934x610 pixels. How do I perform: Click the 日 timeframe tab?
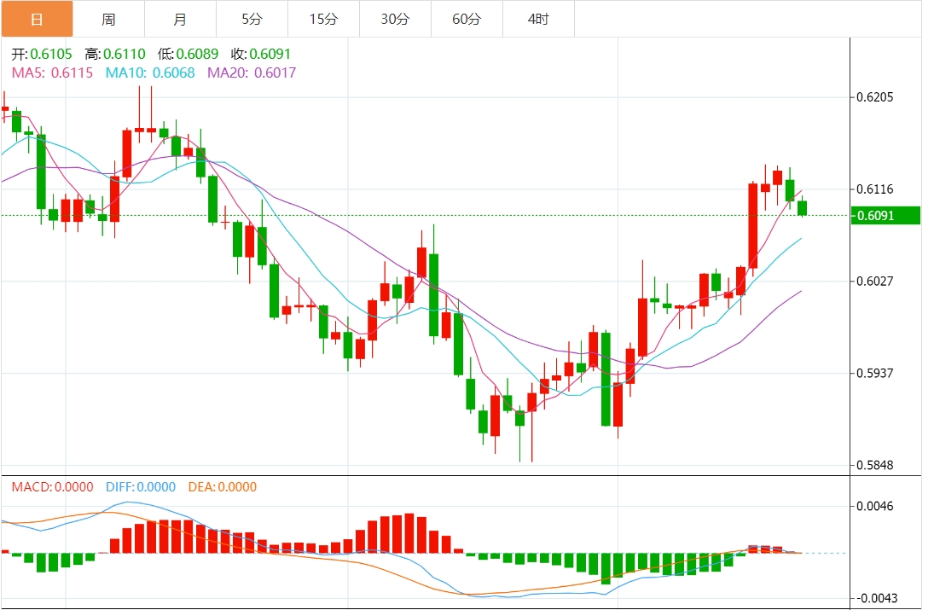(37, 19)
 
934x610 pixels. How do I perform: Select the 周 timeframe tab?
(108, 19)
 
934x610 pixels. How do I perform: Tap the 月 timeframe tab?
(180, 19)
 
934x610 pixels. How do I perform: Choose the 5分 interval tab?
(252, 19)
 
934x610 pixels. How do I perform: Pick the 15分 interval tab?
(323, 19)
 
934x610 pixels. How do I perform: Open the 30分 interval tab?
(395, 19)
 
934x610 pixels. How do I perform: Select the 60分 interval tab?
(467, 19)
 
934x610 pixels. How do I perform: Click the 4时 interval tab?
(538, 19)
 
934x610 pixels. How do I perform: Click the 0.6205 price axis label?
(874, 97)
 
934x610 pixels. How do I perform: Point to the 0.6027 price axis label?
(874, 281)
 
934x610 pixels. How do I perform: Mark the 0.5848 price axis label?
(874, 465)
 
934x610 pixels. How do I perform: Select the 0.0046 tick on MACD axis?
(874, 507)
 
